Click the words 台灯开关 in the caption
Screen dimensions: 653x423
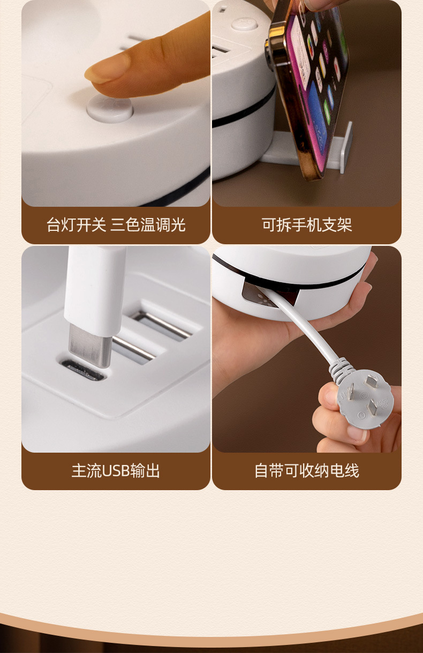coord(77,225)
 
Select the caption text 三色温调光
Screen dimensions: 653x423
coord(148,225)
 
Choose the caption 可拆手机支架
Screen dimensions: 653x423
coord(306,225)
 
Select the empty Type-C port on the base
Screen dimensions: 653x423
coord(82,370)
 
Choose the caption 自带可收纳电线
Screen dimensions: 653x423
coord(306,471)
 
